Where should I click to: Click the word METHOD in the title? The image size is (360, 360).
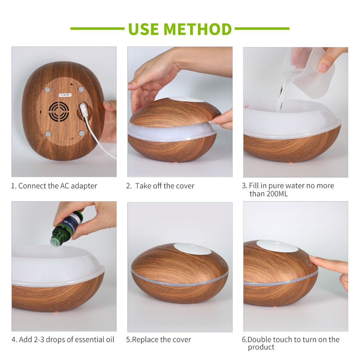click(x=198, y=29)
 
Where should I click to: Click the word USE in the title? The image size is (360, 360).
click(x=144, y=29)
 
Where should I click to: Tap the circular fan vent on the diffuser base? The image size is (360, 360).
click(x=59, y=111)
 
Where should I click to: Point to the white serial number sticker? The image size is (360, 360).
click(x=65, y=95)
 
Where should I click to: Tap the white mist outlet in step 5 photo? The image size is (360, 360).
click(x=192, y=249)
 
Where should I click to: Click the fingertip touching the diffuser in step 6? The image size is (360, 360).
click(x=312, y=258)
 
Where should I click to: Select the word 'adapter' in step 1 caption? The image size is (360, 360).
click(x=84, y=186)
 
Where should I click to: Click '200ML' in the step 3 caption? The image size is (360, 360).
click(x=277, y=194)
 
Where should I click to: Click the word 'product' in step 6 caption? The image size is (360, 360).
click(x=261, y=347)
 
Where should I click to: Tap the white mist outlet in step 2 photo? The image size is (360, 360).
click(x=186, y=99)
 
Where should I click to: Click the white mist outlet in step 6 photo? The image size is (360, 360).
click(x=277, y=246)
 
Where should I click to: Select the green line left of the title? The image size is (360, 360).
click(x=97, y=29)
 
